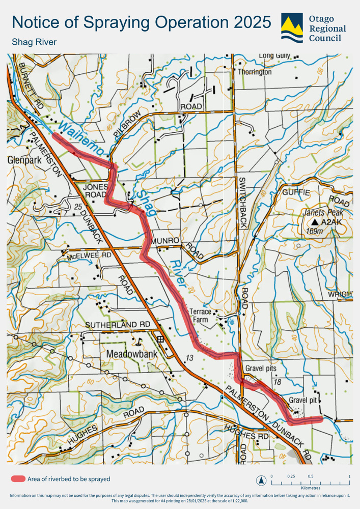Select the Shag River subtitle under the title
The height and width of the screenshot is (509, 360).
pos(34,42)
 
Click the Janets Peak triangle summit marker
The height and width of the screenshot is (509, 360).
pos(315,222)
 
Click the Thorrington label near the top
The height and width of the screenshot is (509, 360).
pos(255,72)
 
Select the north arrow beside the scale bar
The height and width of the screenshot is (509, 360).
pos(261,480)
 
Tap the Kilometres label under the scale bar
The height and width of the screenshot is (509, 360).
pos(310,487)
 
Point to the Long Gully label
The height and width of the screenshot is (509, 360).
pos(273,55)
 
